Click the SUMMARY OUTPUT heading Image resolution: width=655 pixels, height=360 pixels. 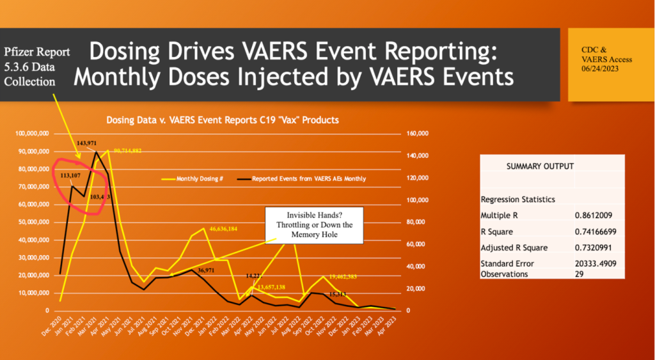[540, 166]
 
